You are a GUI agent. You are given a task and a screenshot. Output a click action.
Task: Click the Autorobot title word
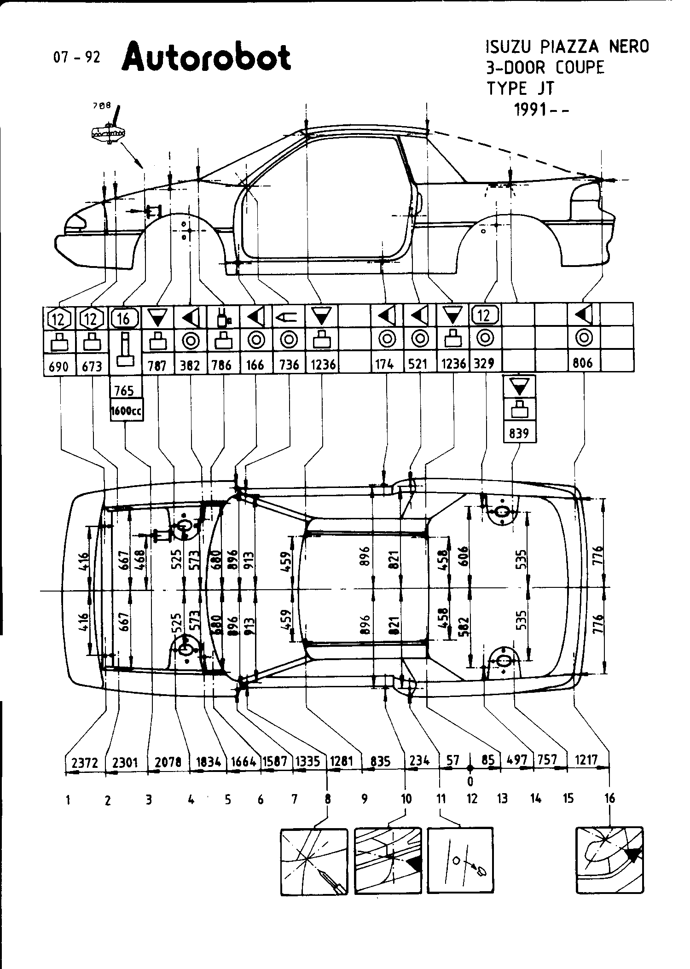pyautogui.click(x=207, y=58)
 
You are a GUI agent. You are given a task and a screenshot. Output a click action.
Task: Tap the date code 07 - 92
pyautogui.click(x=76, y=57)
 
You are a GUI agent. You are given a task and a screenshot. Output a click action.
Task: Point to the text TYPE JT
pyautogui.click(x=521, y=87)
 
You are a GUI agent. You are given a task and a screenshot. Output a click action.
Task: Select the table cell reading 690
pyautogui.click(x=58, y=366)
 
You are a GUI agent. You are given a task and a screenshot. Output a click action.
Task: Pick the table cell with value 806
pyautogui.click(x=584, y=363)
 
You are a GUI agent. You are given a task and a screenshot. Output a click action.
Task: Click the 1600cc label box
pyautogui.click(x=126, y=411)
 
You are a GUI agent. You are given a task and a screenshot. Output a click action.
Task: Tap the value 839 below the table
pyautogui.click(x=519, y=433)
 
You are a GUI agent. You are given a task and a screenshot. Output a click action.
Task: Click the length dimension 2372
pyautogui.click(x=85, y=763)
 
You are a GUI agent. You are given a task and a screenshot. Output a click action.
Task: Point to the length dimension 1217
pyautogui.click(x=586, y=760)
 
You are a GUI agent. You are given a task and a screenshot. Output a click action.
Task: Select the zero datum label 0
pyautogui.click(x=470, y=781)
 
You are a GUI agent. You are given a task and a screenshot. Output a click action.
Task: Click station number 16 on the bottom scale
pyautogui.click(x=609, y=798)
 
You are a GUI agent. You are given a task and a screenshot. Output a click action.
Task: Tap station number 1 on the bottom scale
pyautogui.click(x=68, y=800)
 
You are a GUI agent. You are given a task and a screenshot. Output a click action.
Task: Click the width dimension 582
pyautogui.click(x=464, y=627)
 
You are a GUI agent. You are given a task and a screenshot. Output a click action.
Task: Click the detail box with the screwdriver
pyautogui.click(x=314, y=861)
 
